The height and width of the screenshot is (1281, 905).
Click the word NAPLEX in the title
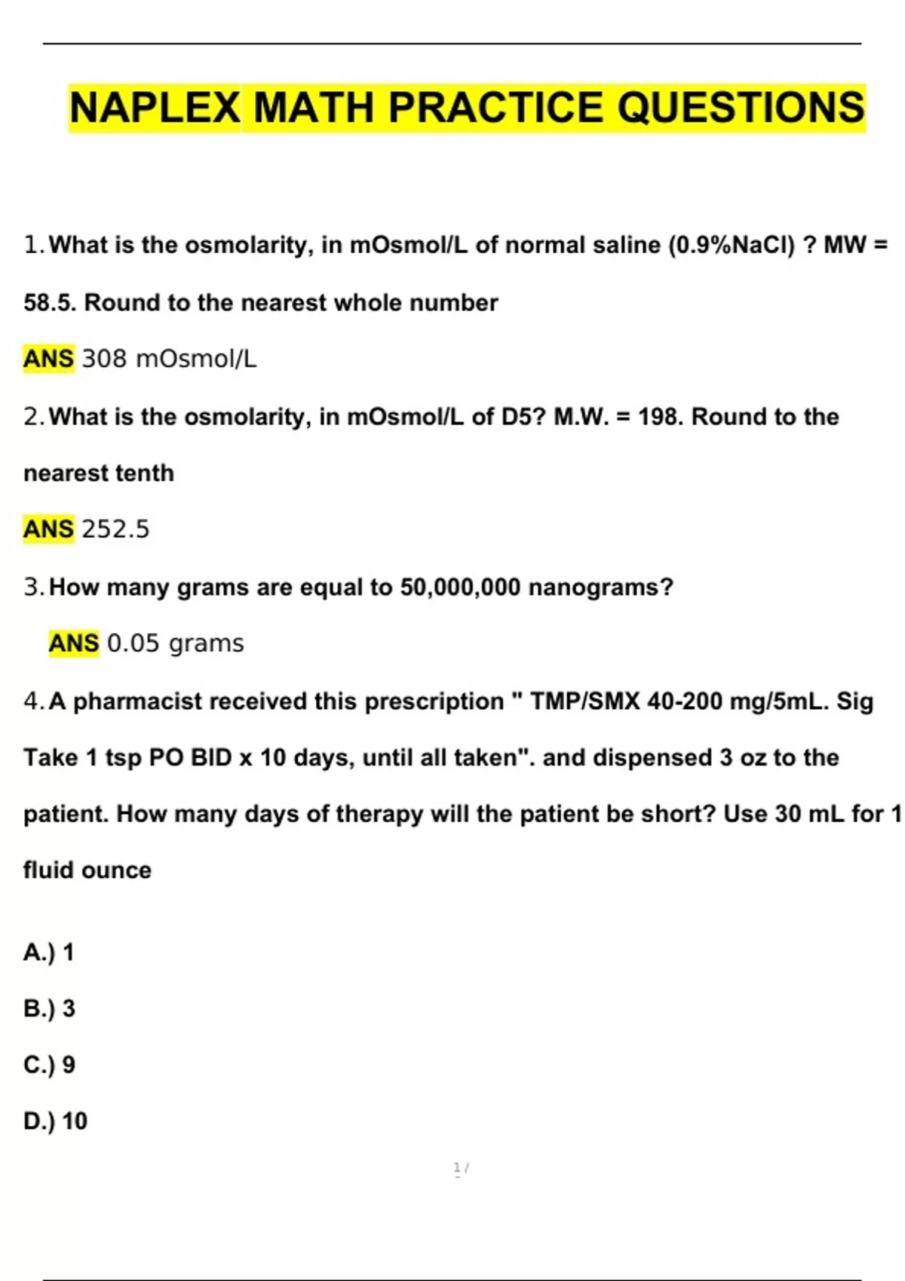pyautogui.click(x=155, y=108)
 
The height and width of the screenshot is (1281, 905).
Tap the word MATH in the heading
pyautogui.click(x=314, y=108)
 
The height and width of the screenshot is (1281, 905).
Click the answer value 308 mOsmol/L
pyautogui.click(x=169, y=359)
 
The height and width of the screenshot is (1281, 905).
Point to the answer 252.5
pyautogui.click(x=115, y=529)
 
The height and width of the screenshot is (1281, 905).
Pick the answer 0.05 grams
pyautogui.click(x=176, y=644)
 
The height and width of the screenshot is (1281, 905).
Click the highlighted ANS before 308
pyautogui.click(x=49, y=359)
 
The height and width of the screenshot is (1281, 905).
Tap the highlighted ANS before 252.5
pyautogui.click(x=49, y=529)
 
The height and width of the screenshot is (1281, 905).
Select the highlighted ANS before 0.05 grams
pyautogui.click(x=74, y=644)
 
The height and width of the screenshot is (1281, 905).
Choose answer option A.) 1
pyautogui.click(x=49, y=952)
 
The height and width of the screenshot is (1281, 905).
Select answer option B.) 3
pyautogui.click(x=50, y=1008)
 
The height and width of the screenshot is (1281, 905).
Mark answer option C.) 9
pyautogui.click(x=50, y=1065)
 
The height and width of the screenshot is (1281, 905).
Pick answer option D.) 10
pyautogui.click(x=56, y=1121)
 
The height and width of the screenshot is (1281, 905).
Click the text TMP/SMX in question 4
pyautogui.click(x=584, y=702)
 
